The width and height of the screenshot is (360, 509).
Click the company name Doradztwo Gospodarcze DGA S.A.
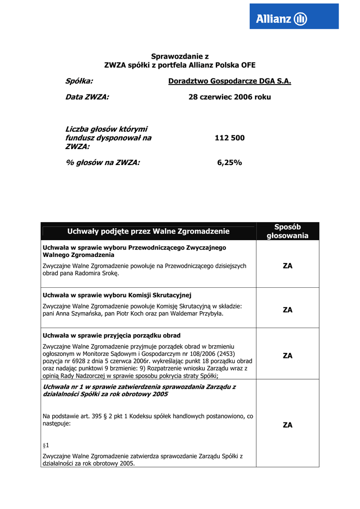coord(230,81)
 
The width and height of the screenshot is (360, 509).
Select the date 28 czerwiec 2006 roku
coord(230,97)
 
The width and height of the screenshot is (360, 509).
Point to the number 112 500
coord(230,138)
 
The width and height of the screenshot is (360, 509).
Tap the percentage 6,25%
coord(230,162)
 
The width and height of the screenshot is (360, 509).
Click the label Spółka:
coord(80,81)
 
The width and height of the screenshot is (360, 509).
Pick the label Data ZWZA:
coord(87,97)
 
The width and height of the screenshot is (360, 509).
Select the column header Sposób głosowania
coord(287,231)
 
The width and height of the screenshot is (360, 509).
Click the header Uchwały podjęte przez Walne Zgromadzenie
coord(148,231)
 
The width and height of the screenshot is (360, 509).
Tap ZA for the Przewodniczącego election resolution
coord(287,266)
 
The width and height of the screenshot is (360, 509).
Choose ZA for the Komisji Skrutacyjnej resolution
coord(287,310)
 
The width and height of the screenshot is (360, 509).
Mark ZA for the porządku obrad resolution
coord(287,355)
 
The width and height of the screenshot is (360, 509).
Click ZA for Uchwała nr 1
coord(287,425)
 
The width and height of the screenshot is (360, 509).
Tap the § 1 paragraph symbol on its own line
coord(46,445)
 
